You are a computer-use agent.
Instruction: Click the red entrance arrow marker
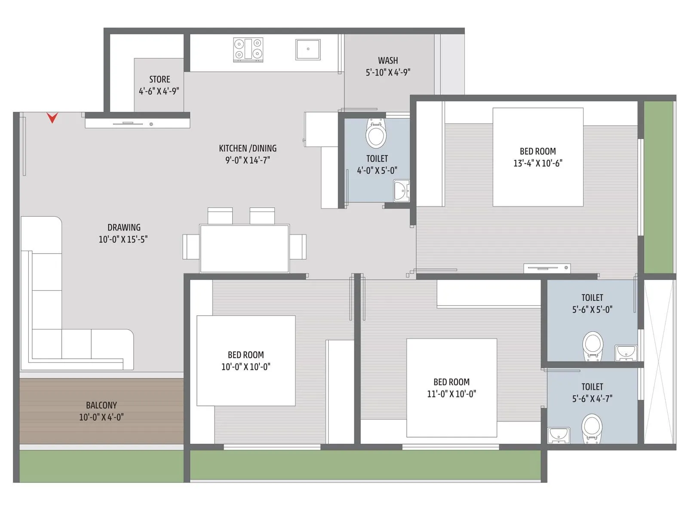(52, 117)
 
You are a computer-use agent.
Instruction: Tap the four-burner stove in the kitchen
(248, 49)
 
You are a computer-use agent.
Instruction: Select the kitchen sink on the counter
(308, 49)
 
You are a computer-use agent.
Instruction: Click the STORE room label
(160, 80)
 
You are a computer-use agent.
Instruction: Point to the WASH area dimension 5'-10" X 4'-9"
(388, 73)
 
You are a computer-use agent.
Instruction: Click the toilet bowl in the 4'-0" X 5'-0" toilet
(376, 134)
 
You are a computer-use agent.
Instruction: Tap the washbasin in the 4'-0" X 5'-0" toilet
(401, 190)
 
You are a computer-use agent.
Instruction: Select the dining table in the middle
(244, 248)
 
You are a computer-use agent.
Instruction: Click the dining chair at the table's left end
(190, 247)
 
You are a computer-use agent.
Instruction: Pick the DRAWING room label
(124, 227)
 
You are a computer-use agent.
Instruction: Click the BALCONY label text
(101, 405)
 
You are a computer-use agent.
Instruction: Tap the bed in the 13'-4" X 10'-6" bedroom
(537, 157)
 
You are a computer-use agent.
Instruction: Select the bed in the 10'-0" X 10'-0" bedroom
(246, 361)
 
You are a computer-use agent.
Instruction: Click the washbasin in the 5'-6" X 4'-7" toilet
(559, 435)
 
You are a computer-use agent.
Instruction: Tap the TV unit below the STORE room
(138, 123)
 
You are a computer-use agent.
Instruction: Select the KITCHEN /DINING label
(248, 148)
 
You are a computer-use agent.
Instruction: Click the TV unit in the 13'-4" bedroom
(547, 268)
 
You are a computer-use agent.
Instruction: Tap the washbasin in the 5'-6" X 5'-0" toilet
(626, 352)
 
